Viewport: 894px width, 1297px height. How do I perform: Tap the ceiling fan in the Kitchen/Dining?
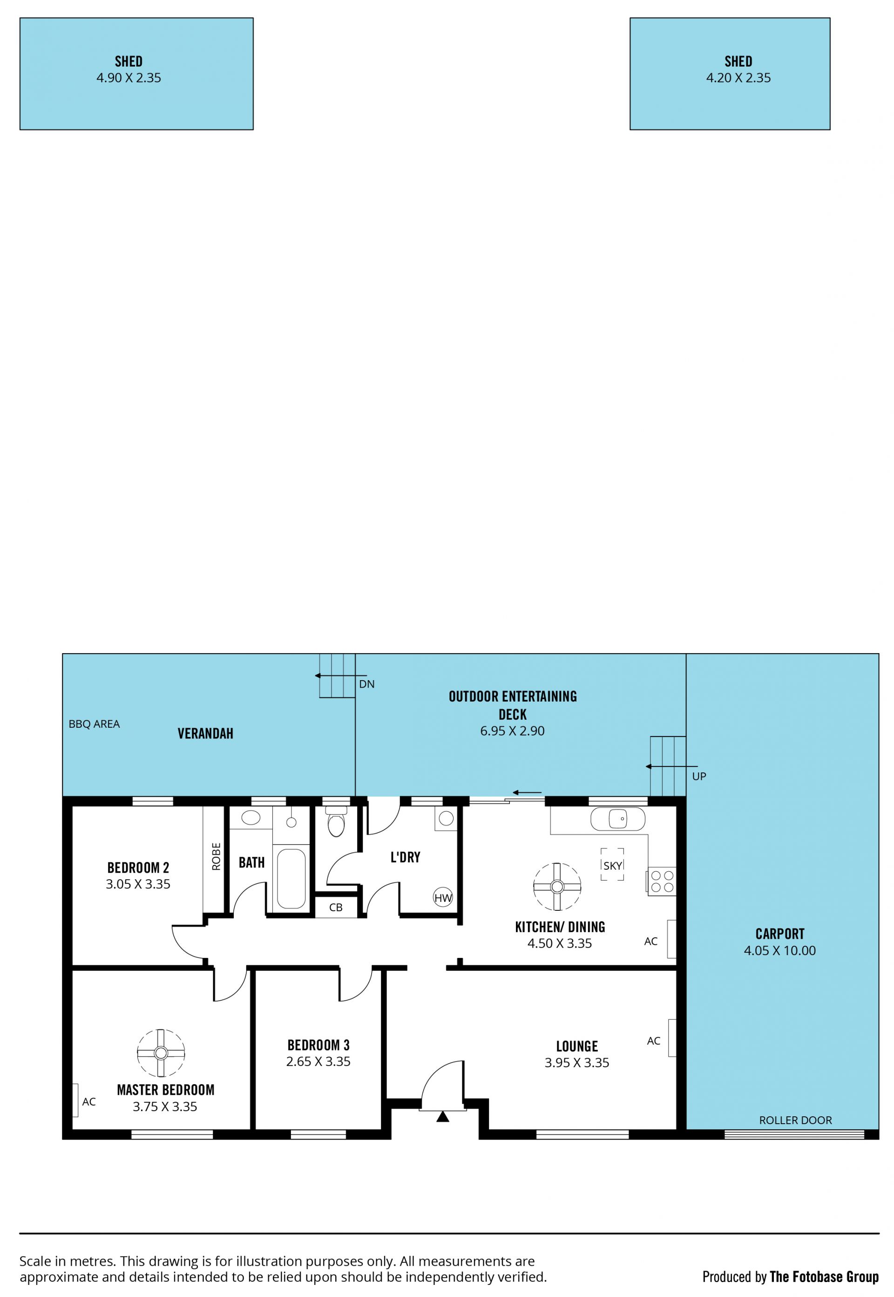(557, 886)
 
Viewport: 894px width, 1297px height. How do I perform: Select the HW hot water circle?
(443, 897)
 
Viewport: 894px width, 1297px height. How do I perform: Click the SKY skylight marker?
(612, 865)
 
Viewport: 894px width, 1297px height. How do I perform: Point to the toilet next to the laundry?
(336, 821)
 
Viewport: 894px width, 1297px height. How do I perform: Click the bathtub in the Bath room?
(291, 878)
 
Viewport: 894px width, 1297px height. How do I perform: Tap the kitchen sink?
(618, 819)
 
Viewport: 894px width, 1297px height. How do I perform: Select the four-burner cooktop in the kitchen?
(662, 881)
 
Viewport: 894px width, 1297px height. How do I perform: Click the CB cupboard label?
(336, 908)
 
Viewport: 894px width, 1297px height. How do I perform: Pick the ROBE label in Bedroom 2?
(216, 856)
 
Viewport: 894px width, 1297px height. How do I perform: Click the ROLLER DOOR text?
(795, 1120)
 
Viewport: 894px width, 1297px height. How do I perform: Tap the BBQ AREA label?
(94, 724)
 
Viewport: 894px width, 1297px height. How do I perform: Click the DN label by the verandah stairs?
(367, 684)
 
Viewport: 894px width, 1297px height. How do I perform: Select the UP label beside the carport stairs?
(699, 776)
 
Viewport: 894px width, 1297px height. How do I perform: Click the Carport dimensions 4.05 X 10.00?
(780, 950)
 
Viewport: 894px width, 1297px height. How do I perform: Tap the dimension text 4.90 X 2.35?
(129, 78)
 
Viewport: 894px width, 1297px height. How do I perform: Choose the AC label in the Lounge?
(654, 1041)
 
